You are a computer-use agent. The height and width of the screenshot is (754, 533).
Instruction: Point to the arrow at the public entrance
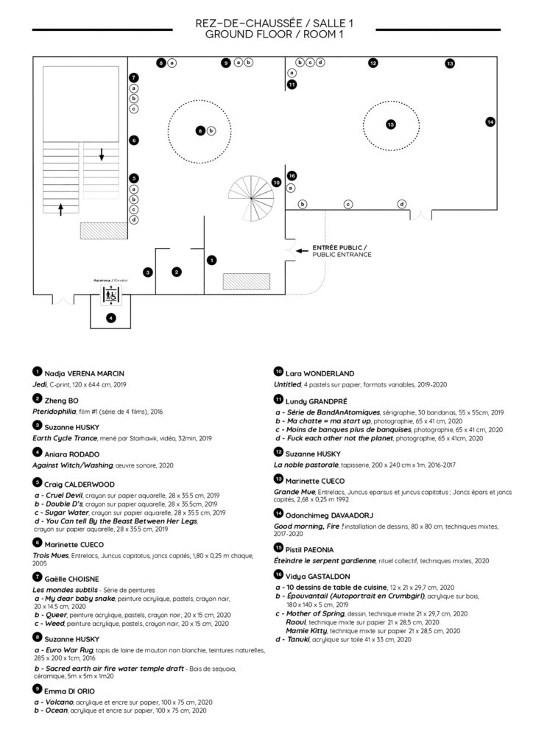[x=301, y=251]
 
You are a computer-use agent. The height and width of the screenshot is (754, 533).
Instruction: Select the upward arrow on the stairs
[x=61, y=209]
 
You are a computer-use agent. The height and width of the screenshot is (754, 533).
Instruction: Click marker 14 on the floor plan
[x=490, y=121]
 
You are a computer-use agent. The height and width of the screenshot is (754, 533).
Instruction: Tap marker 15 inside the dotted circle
[x=391, y=124]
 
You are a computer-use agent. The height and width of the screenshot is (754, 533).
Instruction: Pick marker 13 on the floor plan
[x=449, y=64]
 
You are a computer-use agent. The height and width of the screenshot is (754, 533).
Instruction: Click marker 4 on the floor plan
[x=110, y=318]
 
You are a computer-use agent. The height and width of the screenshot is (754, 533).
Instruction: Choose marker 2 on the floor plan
[x=177, y=272]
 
